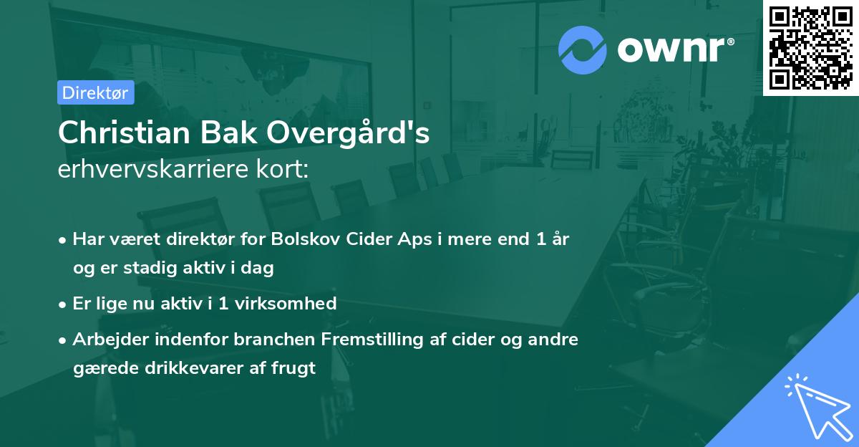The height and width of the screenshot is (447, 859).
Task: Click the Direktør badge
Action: click(95, 92)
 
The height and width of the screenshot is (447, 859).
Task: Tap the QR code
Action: click(810, 47)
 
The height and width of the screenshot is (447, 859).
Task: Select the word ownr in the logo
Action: click(673, 49)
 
